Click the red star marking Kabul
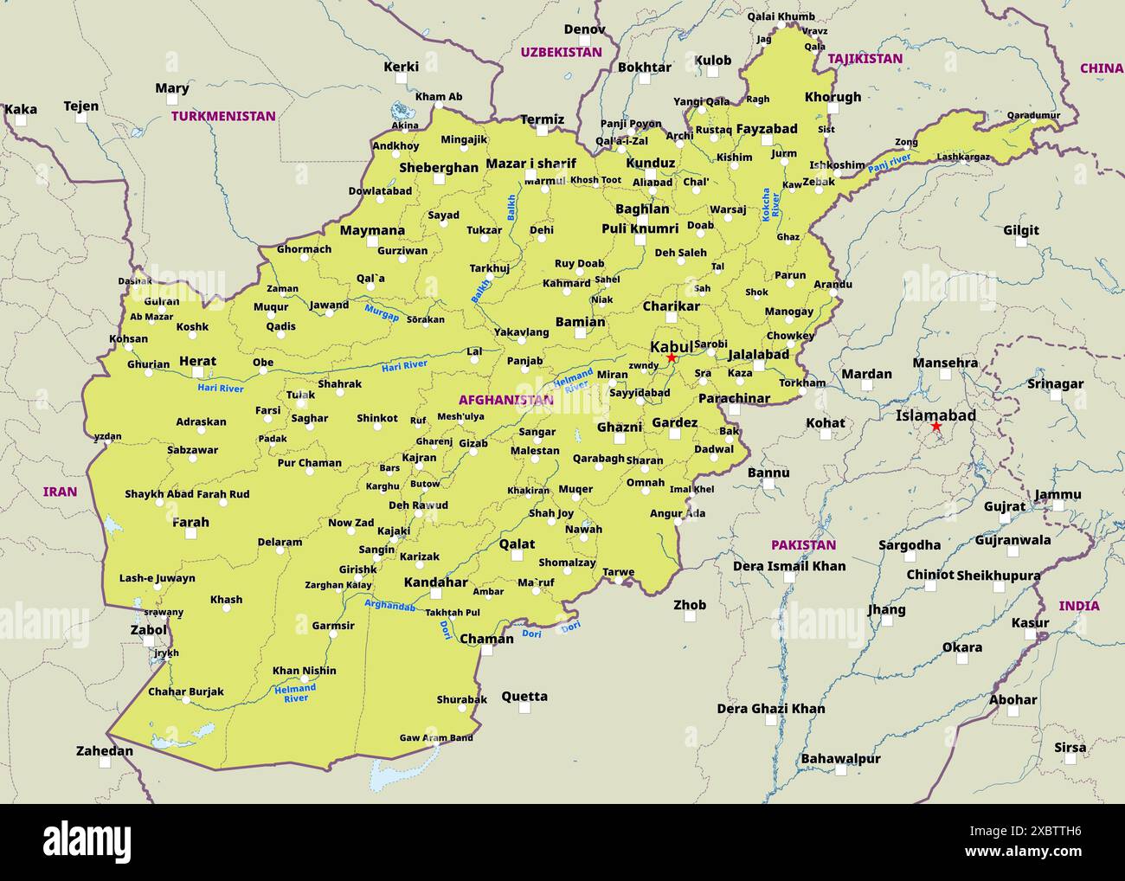[671, 357]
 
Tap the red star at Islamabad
[935, 427]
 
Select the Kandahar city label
[435, 582]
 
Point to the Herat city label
[197, 361]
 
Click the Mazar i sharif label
[530, 163]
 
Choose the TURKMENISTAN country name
[223, 116]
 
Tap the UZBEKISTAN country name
[561, 52]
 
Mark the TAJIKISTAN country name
[865, 59]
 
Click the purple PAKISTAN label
[803, 544]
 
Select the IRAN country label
[60, 492]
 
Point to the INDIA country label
[1079, 606]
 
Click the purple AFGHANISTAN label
[505, 400]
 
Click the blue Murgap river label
[382, 312]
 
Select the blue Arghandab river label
[389, 605]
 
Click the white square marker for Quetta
[524, 708]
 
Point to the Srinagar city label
[1055, 383]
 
